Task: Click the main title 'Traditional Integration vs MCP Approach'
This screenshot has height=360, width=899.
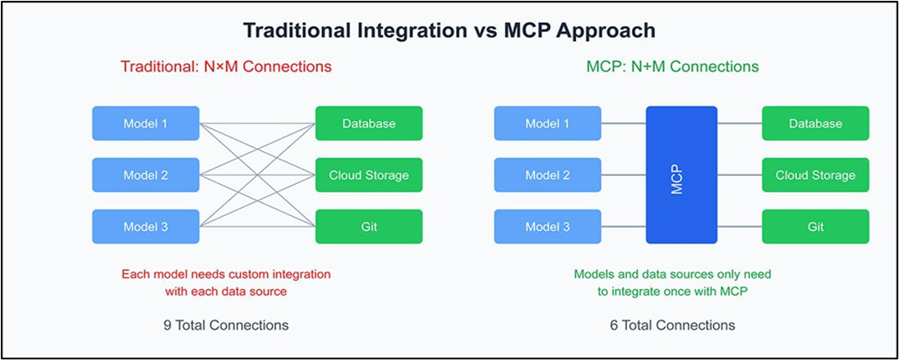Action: pyautogui.click(x=449, y=30)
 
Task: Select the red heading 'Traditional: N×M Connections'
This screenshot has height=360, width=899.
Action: pyautogui.click(x=226, y=67)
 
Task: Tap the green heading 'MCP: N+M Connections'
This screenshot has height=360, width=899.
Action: pyautogui.click(x=672, y=67)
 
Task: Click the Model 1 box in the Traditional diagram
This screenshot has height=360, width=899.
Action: pyautogui.click(x=145, y=123)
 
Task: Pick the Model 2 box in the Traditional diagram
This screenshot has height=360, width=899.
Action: pyautogui.click(x=145, y=175)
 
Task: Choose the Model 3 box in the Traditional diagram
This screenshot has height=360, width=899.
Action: pyautogui.click(x=145, y=226)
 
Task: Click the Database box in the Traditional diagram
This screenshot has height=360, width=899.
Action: pyautogui.click(x=369, y=123)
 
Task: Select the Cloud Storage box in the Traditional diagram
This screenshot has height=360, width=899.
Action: pyautogui.click(x=369, y=175)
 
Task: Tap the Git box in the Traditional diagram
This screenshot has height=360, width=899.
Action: pyautogui.click(x=369, y=226)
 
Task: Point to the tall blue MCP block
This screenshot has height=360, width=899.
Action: pyautogui.click(x=681, y=175)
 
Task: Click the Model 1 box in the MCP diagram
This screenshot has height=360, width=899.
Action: pyautogui.click(x=547, y=123)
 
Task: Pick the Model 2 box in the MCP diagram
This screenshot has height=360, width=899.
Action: pyautogui.click(x=547, y=175)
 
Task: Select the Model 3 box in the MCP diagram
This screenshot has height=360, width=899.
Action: pyautogui.click(x=547, y=226)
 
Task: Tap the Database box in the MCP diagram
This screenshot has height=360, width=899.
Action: pyautogui.click(x=815, y=123)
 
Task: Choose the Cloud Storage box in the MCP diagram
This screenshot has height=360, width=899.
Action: pyautogui.click(x=815, y=175)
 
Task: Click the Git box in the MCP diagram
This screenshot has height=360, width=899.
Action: pyautogui.click(x=815, y=226)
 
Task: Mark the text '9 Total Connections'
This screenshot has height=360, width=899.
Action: pyautogui.click(x=226, y=325)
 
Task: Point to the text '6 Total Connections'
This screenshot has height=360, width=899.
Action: pyautogui.click(x=672, y=325)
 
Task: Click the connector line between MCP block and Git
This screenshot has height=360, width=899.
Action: pyautogui.click(x=740, y=226)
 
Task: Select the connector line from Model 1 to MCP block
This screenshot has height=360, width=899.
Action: pyautogui.click(x=623, y=123)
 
